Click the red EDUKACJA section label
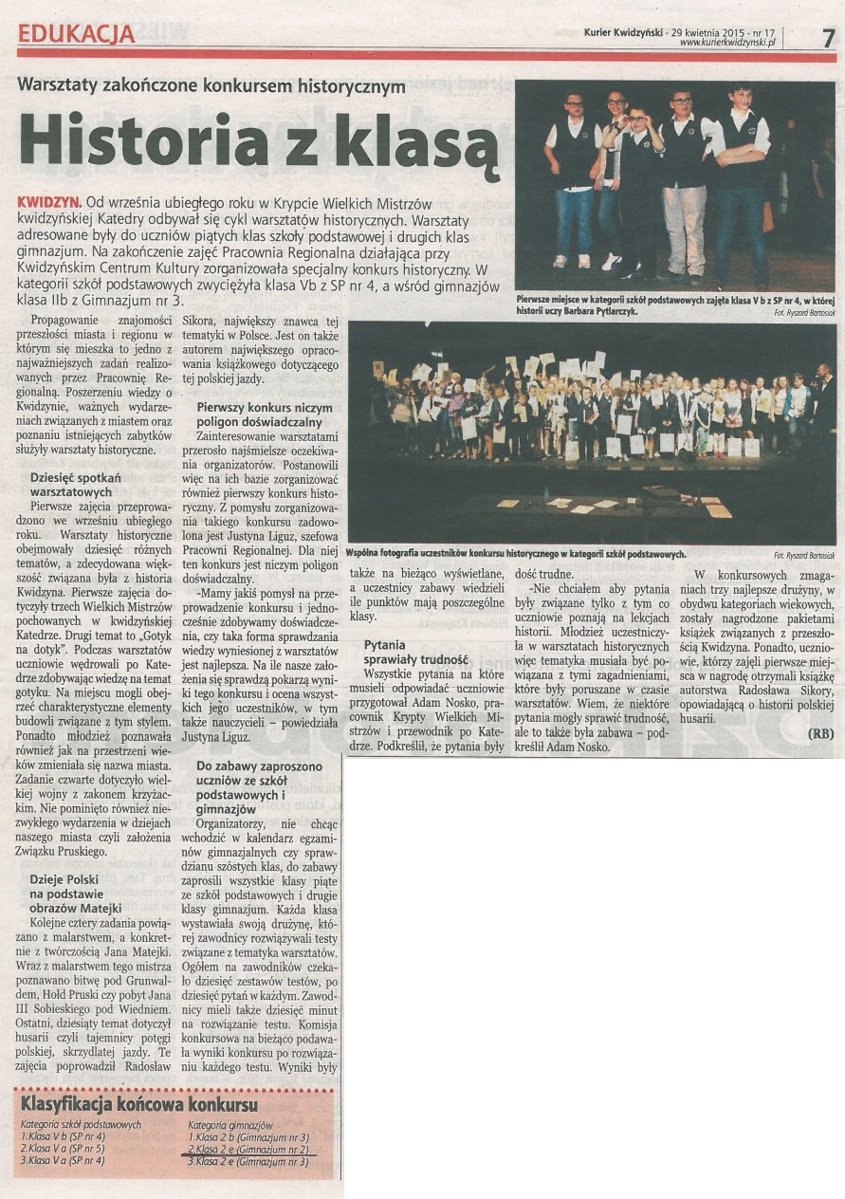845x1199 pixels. (x=76, y=34)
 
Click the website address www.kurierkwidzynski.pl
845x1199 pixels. (x=728, y=42)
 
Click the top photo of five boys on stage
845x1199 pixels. (x=674, y=185)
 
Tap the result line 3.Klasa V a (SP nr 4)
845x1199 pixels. (x=64, y=1159)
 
